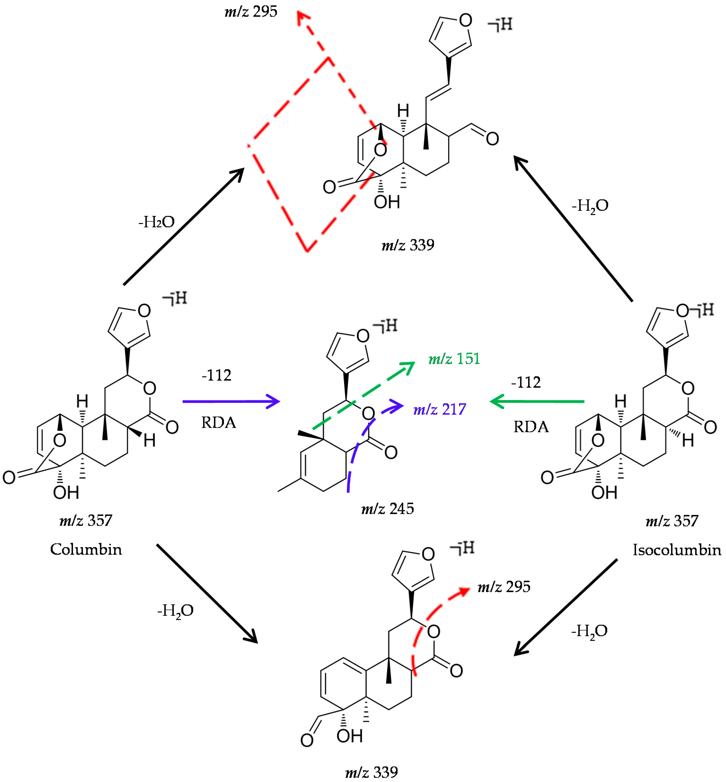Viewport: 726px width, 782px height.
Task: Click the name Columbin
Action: pos(86,549)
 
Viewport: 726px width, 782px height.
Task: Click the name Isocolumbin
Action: pos(677,550)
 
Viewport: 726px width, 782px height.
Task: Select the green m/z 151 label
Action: pos(454,359)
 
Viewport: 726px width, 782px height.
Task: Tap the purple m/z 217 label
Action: pos(440,409)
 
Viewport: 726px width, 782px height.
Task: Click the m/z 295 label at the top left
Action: pos(251,12)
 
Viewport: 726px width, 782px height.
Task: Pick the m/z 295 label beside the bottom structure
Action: pos(504,587)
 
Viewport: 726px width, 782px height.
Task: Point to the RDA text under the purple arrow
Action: pos(219,423)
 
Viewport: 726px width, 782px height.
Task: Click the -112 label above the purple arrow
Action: pos(216,375)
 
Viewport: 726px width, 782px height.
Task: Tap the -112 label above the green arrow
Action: pos(526,382)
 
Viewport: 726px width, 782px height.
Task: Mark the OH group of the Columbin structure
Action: pos(66,493)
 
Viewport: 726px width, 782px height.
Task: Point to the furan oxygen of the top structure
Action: pos(466,20)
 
